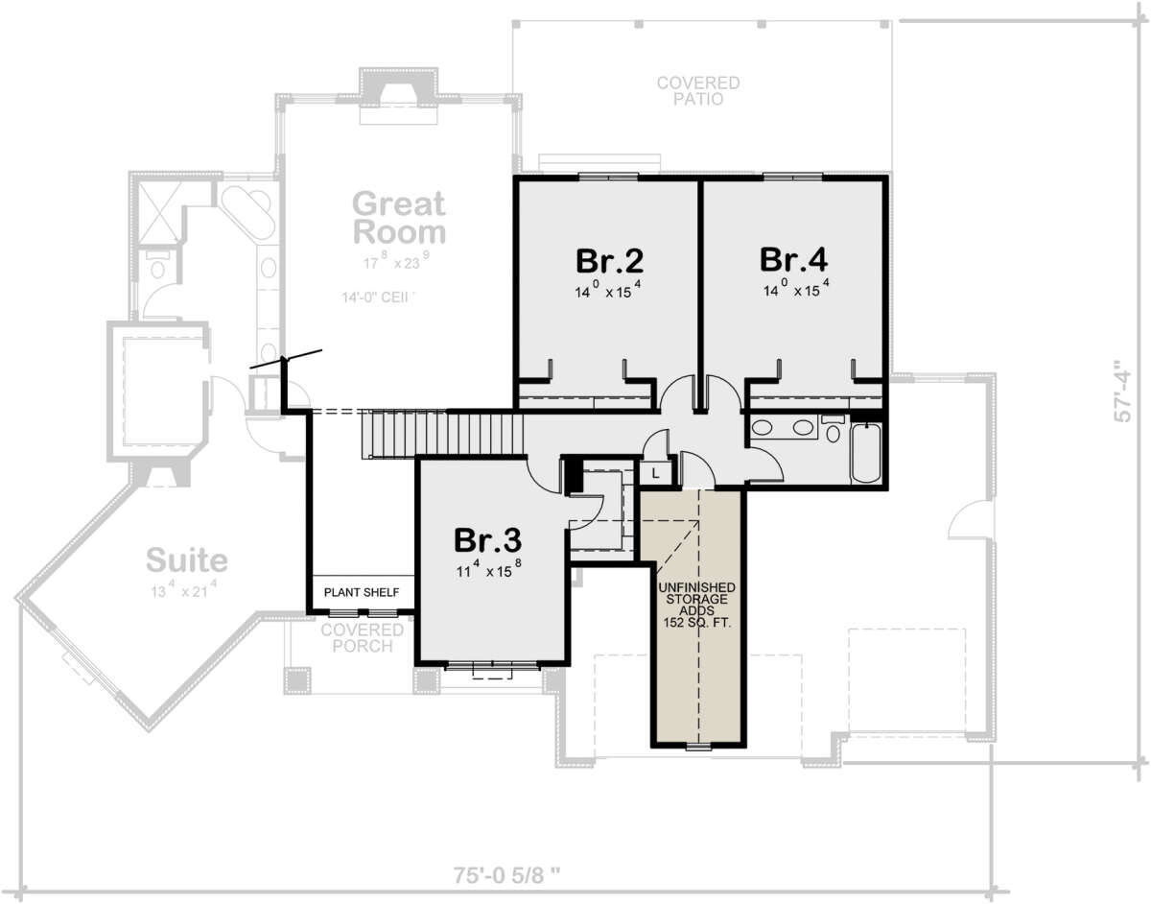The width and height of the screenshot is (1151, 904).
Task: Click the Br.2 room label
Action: (608, 260)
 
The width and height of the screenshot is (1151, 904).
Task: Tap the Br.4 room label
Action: (793, 260)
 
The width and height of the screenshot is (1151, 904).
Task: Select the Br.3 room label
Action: (488, 540)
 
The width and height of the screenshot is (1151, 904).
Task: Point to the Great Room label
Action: (399, 218)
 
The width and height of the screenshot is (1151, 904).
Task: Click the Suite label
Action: (186, 559)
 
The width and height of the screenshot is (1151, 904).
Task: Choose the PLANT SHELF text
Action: (360, 592)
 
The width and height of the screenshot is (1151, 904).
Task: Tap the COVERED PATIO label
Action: (697, 91)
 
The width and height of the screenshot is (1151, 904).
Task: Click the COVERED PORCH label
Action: (363, 637)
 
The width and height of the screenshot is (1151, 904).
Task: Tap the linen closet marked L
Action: (656, 472)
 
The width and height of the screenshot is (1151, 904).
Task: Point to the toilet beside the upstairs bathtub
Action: (832, 429)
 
